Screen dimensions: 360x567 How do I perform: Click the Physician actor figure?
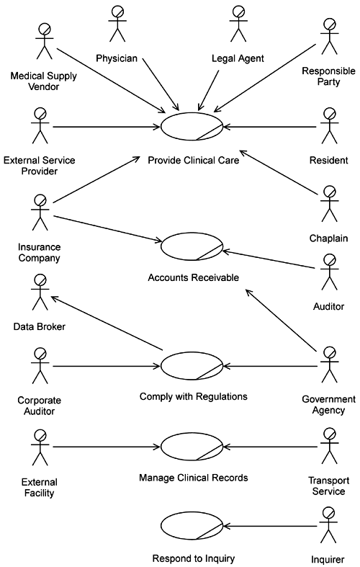point(117,24)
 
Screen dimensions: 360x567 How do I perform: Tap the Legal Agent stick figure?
point(238,24)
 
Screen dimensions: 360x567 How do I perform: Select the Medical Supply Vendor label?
point(43,81)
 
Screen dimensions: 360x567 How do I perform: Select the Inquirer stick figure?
point(328,525)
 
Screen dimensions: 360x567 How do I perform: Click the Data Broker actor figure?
point(40,293)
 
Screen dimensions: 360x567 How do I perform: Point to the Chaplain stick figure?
point(329,204)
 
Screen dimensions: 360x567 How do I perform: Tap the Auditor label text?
point(328,307)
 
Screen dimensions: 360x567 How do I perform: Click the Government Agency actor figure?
point(329,365)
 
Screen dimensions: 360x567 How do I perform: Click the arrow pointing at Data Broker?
point(107,323)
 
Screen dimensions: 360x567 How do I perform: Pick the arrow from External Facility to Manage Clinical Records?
point(107,447)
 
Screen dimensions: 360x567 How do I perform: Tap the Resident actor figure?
point(329,125)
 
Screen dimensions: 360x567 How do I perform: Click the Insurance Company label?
point(39,252)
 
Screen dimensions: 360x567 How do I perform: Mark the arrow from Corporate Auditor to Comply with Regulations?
point(107,366)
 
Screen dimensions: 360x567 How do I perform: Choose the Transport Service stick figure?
point(329,446)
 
